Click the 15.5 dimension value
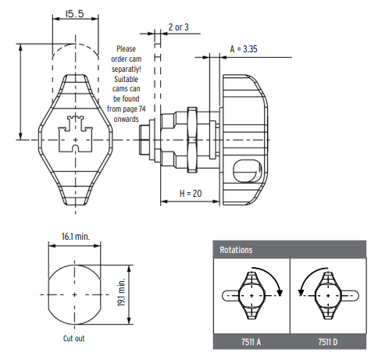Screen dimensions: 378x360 [75, 13]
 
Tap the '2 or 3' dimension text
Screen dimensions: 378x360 [179, 27]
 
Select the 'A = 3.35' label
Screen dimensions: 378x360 [244, 49]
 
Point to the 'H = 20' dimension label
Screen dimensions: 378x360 [191, 194]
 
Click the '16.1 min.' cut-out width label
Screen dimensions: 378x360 [76, 237]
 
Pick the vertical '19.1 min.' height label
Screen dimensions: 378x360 [122, 292]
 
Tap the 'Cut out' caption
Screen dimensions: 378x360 [74, 338]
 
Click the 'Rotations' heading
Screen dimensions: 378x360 [236, 250]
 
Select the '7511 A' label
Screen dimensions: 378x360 [251, 342]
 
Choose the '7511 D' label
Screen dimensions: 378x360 [328, 342]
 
